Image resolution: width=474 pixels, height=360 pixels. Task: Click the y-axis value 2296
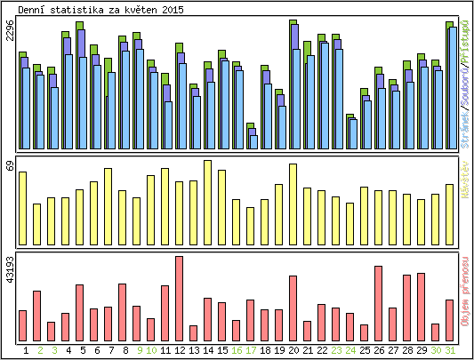point(10,31)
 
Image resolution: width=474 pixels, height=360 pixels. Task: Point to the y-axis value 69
point(10,166)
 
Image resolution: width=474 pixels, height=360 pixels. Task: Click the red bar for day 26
point(378,303)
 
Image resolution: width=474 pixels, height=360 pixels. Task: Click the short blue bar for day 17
point(253,141)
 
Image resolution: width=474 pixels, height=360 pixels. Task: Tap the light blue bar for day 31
point(453,88)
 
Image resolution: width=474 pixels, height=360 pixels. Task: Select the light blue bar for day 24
point(353,134)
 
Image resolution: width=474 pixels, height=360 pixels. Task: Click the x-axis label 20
point(293,350)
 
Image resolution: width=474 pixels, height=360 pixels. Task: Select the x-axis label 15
point(221,350)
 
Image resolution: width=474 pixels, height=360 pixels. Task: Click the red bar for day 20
point(293,308)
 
